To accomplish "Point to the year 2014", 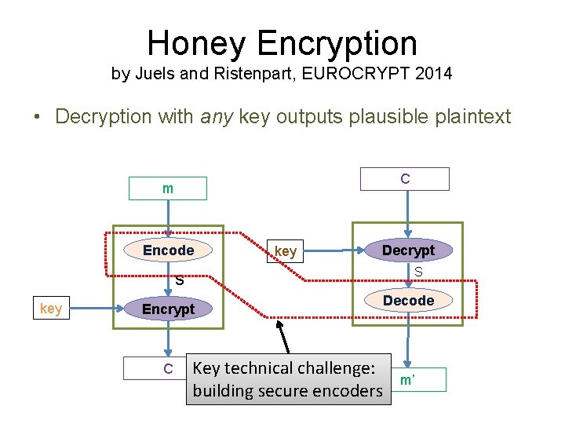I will point(435,75).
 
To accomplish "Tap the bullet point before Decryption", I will point(37,118).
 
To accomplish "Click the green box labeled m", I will point(168,188).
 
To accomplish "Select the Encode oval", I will point(168,250).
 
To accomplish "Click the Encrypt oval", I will point(168,309).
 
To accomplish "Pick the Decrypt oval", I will point(408,250).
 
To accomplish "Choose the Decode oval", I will point(408,300).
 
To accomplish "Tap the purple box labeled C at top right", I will point(404,179).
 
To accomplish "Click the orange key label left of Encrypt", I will point(51,309).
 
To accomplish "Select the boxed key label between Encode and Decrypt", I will point(286,251).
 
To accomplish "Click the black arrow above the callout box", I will point(283,338).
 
